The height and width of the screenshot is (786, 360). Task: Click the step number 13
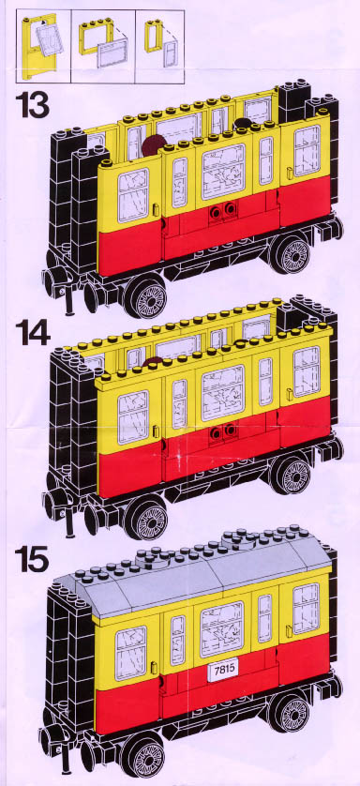click(32, 105)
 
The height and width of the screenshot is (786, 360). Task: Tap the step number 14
click(33, 332)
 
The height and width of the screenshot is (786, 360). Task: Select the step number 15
click(32, 559)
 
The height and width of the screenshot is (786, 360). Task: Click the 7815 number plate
click(221, 671)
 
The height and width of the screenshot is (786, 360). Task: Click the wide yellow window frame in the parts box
click(95, 35)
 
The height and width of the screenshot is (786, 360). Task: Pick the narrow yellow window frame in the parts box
click(152, 35)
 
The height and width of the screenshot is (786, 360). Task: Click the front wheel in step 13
click(145, 296)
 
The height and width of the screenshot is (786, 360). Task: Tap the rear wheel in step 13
click(292, 253)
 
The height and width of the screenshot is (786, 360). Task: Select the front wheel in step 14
click(145, 518)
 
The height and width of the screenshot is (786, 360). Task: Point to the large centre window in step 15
click(222, 629)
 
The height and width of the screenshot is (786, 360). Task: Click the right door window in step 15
click(306, 608)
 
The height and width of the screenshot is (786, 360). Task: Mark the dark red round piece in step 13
click(152, 144)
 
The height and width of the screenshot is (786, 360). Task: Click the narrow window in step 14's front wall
click(179, 404)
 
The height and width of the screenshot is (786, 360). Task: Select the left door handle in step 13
click(156, 209)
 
